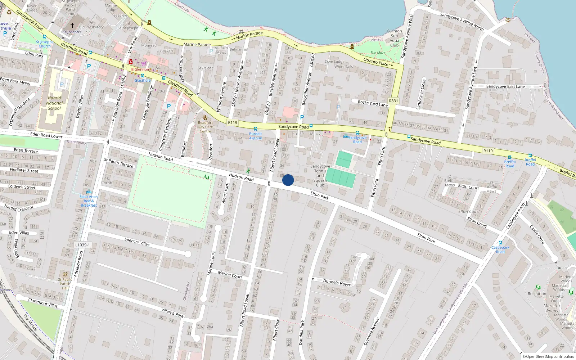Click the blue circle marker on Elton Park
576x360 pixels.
[288, 180]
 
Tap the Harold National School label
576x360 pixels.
[54, 103]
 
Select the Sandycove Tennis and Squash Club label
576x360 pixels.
[320, 176]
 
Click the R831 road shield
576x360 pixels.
[393, 101]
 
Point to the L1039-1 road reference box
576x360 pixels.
[82, 245]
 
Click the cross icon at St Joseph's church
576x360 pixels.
[72, 26]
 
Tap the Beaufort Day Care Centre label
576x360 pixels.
[205, 127]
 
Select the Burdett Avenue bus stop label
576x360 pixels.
[256, 136]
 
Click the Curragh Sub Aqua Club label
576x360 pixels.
[395, 38]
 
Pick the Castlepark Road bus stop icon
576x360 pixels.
[500, 243]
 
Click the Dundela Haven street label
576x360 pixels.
[337, 283]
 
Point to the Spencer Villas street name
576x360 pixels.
[137, 242]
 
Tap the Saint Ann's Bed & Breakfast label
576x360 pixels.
[89, 201]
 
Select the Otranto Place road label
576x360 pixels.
[376, 62]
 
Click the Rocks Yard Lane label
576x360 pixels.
[373, 103]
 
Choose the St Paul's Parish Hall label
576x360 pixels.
[65, 284]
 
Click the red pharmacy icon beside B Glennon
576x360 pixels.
[131, 62]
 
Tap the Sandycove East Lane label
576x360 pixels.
[505, 86]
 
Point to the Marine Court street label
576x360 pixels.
[230, 275]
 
